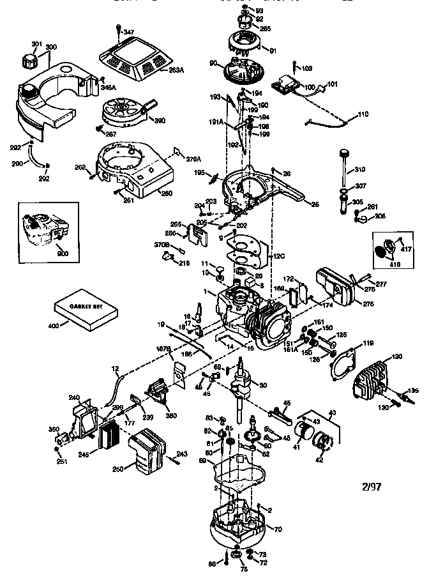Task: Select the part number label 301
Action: click(36, 44)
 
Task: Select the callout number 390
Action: click(160, 120)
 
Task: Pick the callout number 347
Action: click(129, 31)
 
